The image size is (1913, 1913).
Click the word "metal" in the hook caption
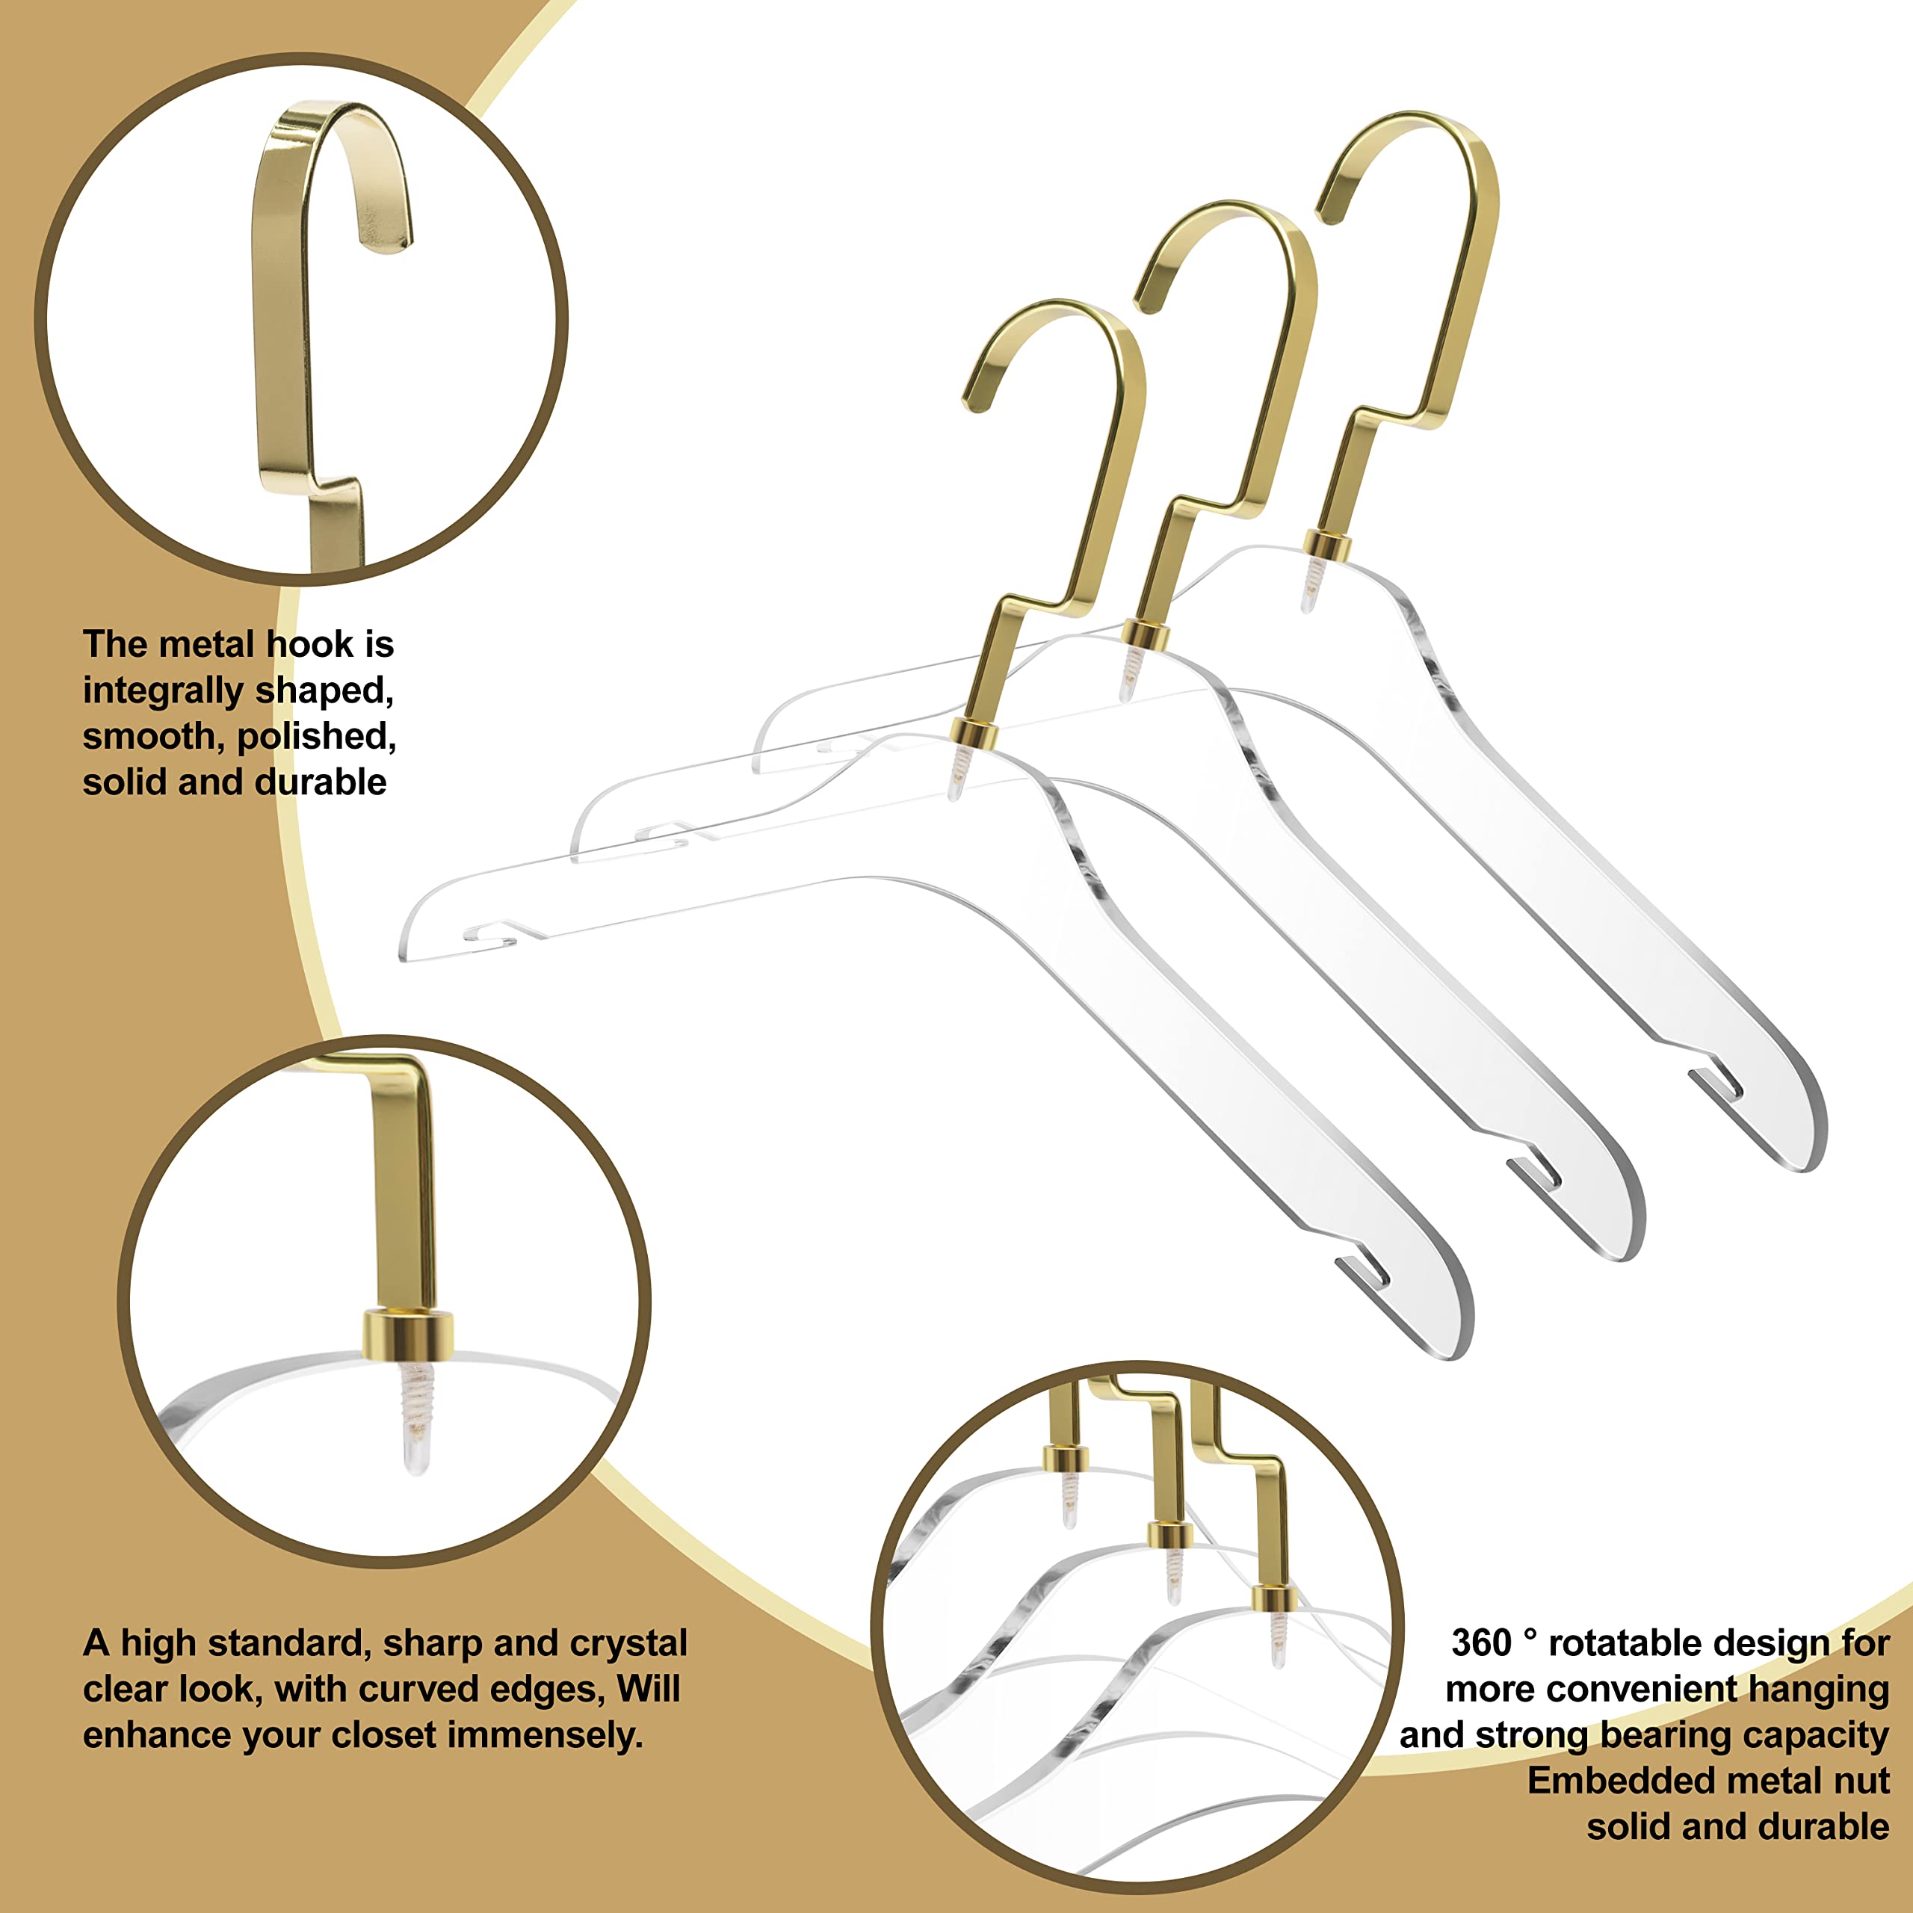point(206,645)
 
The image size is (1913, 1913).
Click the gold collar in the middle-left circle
point(407,1335)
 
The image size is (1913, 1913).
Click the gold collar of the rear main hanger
point(1327,545)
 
